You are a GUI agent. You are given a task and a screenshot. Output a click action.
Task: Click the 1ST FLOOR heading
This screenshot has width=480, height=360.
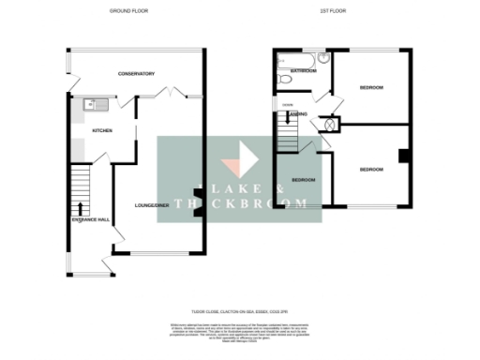[x=341, y=11]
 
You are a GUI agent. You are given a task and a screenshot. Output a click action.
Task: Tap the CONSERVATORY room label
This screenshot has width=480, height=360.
[x=136, y=73]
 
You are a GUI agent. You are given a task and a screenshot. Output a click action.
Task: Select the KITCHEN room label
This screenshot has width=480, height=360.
[x=102, y=131]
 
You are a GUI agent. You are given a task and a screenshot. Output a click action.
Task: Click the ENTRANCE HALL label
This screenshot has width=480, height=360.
[x=91, y=219]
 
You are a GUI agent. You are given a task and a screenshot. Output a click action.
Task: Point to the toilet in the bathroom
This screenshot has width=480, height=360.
[x=283, y=82]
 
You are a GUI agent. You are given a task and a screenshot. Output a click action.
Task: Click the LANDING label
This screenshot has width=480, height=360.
[x=299, y=113]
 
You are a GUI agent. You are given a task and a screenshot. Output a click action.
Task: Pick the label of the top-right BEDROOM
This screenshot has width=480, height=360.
[x=371, y=87]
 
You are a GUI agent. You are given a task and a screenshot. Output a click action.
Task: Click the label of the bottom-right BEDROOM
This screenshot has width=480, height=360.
[x=371, y=169]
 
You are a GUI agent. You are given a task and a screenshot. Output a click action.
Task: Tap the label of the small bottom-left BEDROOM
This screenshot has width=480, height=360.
[x=303, y=179]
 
